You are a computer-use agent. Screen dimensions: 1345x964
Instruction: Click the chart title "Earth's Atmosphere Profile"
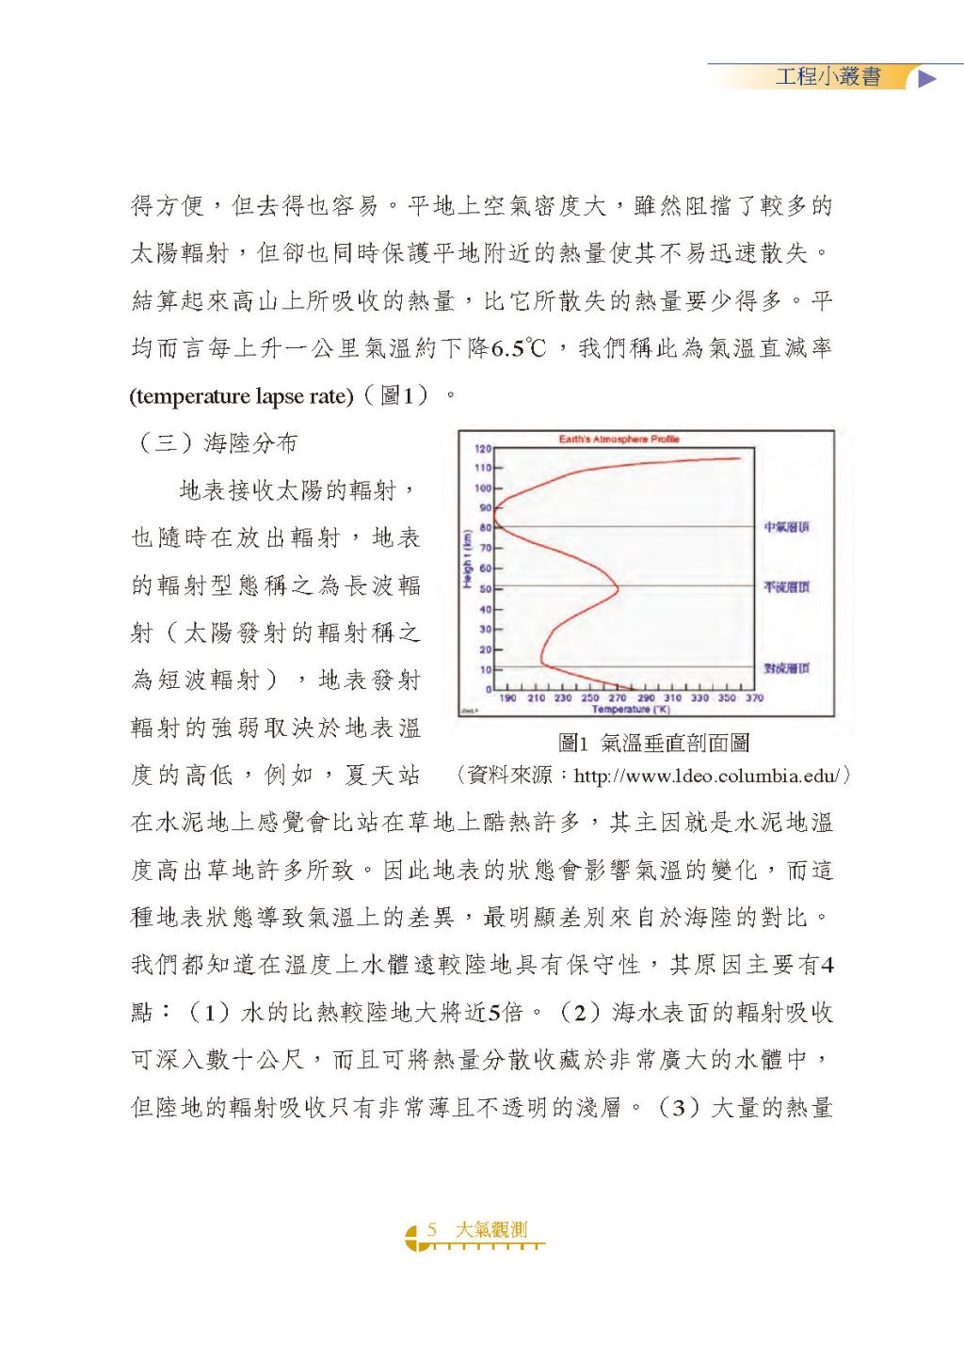(619, 439)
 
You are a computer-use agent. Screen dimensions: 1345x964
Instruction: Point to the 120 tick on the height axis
(483, 448)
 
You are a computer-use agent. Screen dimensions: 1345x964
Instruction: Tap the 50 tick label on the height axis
(485, 589)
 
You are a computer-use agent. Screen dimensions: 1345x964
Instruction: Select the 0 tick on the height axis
(488, 690)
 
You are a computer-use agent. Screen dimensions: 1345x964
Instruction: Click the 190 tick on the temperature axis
(507, 698)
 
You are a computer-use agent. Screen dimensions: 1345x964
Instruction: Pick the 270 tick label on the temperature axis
(618, 698)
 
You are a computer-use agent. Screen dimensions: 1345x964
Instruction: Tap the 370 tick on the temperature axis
(754, 698)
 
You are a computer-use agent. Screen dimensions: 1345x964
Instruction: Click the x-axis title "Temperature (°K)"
(630, 709)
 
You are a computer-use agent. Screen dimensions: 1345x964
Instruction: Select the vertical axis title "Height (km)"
(466, 559)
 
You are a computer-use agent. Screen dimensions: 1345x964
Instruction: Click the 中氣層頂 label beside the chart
(786, 527)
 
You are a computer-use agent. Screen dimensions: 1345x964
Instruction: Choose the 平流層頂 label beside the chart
(786, 586)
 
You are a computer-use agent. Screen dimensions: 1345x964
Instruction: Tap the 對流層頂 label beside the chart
(786, 668)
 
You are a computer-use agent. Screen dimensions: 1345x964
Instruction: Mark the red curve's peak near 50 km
(618, 589)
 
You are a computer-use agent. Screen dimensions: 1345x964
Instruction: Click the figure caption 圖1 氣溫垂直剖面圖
(653, 744)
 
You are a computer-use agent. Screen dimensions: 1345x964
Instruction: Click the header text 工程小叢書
(827, 77)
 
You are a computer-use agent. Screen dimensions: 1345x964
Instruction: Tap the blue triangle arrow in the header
(927, 78)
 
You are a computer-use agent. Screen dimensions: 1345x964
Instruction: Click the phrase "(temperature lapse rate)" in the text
(241, 396)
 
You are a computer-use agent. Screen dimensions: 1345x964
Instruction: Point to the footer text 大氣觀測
(490, 1229)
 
